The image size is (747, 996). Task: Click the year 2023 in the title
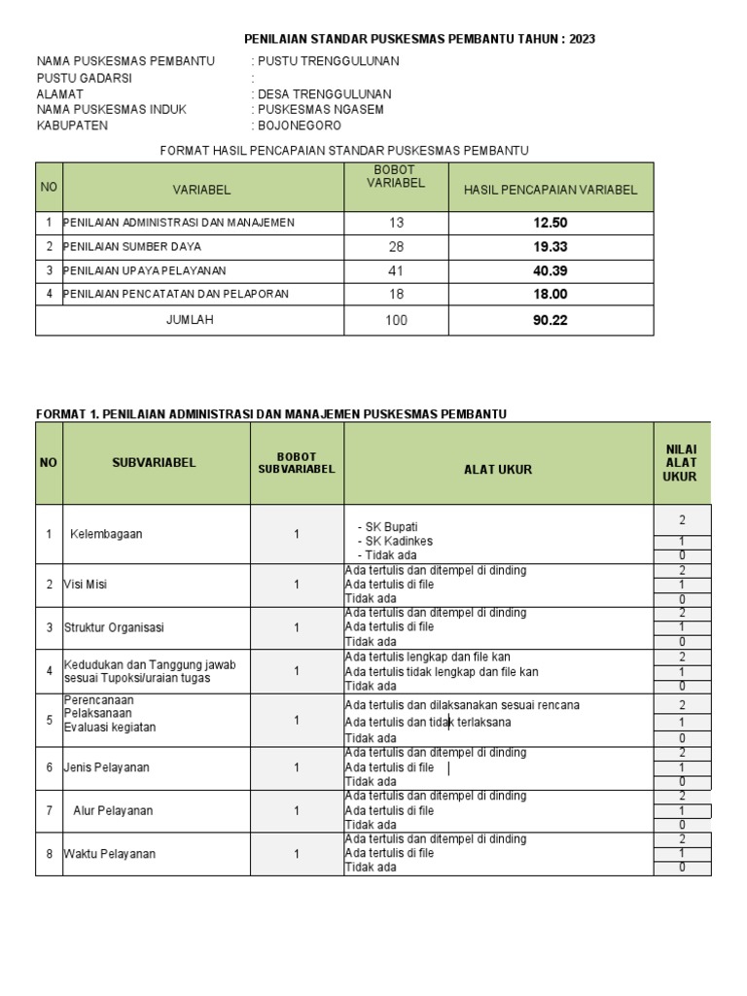coord(581,39)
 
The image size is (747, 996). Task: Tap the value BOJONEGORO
coord(301,125)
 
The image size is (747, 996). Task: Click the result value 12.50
coord(550,223)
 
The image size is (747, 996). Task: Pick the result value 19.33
coord(550,247)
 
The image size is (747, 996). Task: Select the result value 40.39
coord(550,270)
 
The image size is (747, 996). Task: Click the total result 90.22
coord(550,320)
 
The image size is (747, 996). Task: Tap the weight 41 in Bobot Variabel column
coord(396,270)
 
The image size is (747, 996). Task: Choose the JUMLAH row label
coord(190,320)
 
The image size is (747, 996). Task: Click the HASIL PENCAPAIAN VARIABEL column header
coord(551,190)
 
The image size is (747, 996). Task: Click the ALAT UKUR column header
coord(498,469)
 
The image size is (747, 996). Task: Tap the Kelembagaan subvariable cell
coord(106,534)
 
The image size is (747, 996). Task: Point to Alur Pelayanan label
coord(112,810)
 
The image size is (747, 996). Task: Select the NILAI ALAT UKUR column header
coord(681,463)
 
